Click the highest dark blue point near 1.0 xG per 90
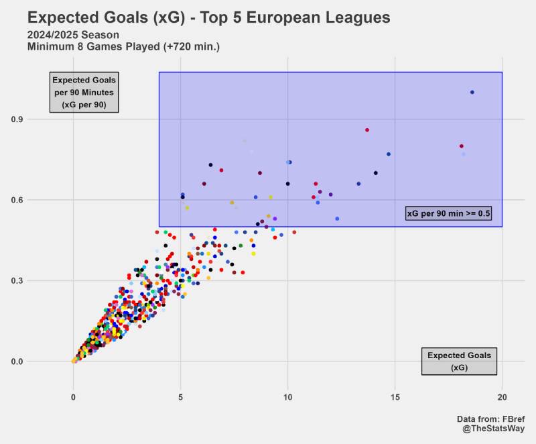coord(472,93)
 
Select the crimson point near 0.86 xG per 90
coord(367,130)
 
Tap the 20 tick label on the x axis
coord(503,396)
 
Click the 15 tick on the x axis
coord(395,396)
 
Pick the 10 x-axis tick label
coord(288,396)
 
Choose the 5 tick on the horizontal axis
coord(181,396)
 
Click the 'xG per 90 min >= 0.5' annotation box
coord(449,213)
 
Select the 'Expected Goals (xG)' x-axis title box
coord(459,362)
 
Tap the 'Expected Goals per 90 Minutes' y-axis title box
coord(84,92)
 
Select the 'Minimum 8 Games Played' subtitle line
coord(123,47)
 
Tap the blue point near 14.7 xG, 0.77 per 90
coord(389,154)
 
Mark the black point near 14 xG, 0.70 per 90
coord(376,173)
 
